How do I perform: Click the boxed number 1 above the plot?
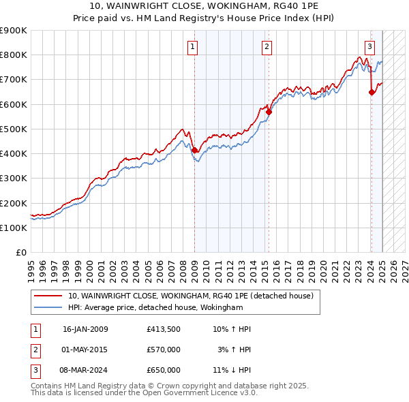tap(194, 47)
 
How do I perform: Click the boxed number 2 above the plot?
tap(267, 47)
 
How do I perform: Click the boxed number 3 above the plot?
tap(369, 47)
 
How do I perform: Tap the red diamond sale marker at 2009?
tap(194, 150)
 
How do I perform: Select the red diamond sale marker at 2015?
tap(269, 112)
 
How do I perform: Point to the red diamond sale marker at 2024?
tap(372, 92)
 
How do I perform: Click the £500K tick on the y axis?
tap(13, 129)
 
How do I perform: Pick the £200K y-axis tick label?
tap(13, 203)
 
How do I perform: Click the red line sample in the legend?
tap(48, 296)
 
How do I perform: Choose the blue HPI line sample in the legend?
tap(48, 308)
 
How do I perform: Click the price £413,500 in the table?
tap(164, 329)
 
